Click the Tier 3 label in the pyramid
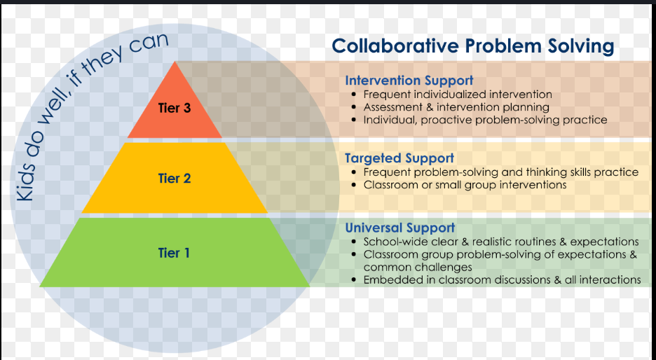pos(175,108)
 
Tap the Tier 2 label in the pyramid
pos(175,179)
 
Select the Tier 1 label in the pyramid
pos(174,253)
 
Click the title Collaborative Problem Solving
pos(472,46)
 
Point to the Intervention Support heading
pos(409,81)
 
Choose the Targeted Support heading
pos(399,158)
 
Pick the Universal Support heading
pos(399,228)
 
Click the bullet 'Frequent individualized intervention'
pos(458,94)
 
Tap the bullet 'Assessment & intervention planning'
pos(456,107)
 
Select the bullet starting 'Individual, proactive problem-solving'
pos(485,120)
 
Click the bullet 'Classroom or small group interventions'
pos(465,185)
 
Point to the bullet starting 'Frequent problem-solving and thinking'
pos(500,172)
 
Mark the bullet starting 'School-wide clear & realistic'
pos(500,242)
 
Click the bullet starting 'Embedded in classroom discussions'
pos(502,279)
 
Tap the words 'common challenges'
pos(418,267)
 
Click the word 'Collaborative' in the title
pos(395,46)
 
